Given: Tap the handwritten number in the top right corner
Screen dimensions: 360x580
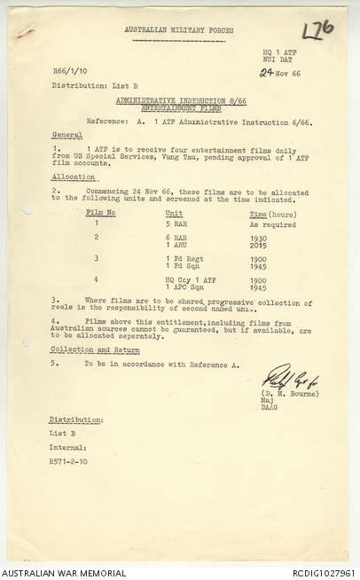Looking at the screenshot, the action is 317,30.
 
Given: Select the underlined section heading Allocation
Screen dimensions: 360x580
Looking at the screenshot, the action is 71,177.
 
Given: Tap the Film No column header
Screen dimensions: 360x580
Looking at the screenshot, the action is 100,213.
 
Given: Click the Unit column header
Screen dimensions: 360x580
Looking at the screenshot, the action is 174,213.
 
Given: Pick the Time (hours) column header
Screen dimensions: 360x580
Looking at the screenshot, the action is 270,213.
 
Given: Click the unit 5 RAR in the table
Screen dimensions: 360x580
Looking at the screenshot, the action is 176,223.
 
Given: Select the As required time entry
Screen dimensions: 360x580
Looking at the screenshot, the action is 270,223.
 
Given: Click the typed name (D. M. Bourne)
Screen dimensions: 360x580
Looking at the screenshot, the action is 290,393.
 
